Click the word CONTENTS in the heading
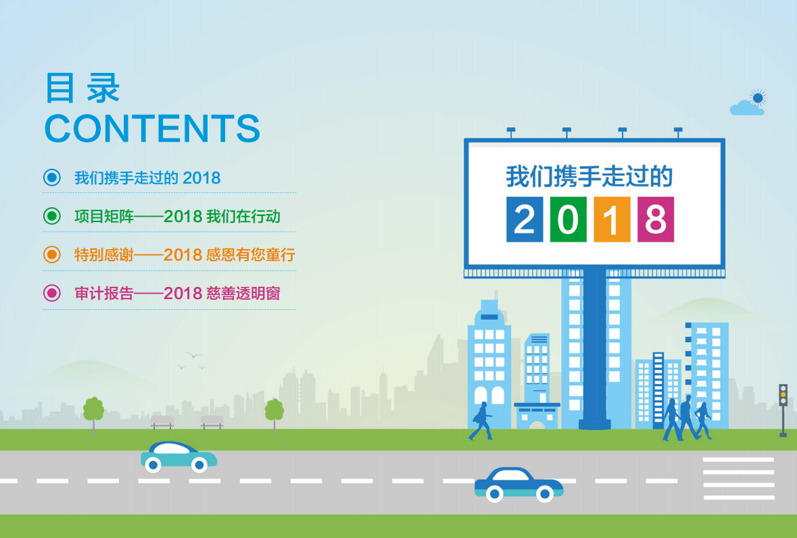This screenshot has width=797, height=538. point(153,128)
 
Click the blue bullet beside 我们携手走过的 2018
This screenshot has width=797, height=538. point(52,178)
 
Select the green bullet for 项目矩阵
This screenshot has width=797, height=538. point(52,216)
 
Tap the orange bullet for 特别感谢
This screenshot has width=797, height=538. point(52,254)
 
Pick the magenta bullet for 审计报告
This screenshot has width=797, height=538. point(52,293)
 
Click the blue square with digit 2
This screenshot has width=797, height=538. point(525,219)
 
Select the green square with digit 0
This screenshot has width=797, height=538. point(569,219)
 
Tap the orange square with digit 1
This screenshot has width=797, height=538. point(612,219)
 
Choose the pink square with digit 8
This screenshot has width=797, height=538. point(656,219)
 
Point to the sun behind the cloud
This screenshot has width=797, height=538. point(758,98)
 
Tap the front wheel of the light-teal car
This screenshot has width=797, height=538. point(199,465)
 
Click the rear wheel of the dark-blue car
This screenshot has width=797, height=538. point(495,493)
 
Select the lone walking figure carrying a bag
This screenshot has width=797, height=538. point(481,421)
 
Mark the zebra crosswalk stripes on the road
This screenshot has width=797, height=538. point(739,478)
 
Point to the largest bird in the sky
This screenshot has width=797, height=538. point(193,355)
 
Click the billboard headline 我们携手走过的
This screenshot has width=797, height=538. point(589,177)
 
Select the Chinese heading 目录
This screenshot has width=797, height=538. point(82,88)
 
